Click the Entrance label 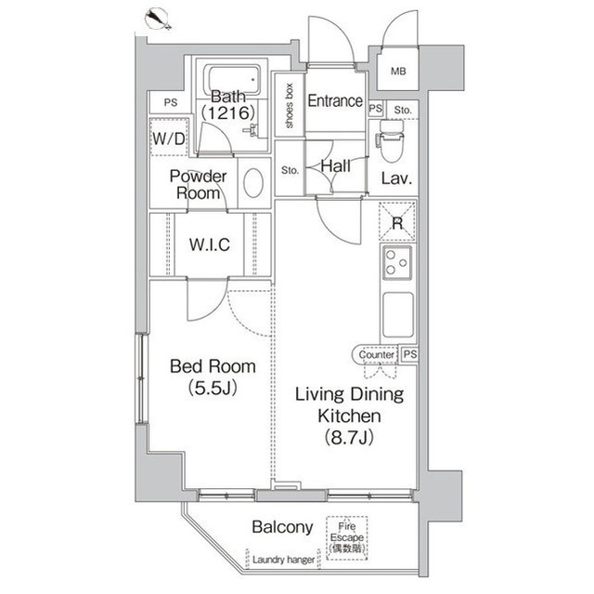click(x=334, y=100)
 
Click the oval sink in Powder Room click(x=252, y=182)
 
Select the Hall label click(x=334, y=165)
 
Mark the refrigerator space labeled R click(x=396, y=223)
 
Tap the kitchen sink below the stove click(x=396, y=316)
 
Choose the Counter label click(x=375, y=354)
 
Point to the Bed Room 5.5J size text click(x=212, y=387)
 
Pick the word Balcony click(x=282, y=527)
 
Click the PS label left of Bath click(x=170, y=103)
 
